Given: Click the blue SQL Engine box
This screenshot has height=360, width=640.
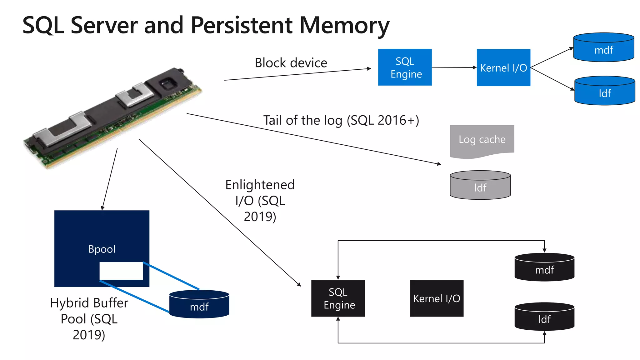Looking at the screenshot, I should [x=405, y=67].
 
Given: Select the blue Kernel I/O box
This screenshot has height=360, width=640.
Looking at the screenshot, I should [x=503, y=67].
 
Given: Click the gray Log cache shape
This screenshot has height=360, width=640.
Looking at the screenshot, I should [x=482, y=140].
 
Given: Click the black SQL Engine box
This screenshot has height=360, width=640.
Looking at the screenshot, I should [x=338, y=298].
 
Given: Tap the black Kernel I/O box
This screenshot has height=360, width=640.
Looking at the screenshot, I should [x=436, y=298].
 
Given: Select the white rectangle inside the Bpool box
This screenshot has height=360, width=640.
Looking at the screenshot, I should [x=121, y=271].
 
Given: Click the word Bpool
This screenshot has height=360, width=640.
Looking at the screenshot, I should [x=102, y=249].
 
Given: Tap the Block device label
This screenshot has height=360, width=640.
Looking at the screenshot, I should [x=291, y=63].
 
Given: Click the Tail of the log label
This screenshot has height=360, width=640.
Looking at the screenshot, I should [x=341, y=120].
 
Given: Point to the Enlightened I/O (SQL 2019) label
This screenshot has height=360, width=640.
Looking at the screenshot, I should [x=260, y=201].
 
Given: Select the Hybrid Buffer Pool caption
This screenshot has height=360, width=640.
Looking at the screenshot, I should [x=89, y=319].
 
